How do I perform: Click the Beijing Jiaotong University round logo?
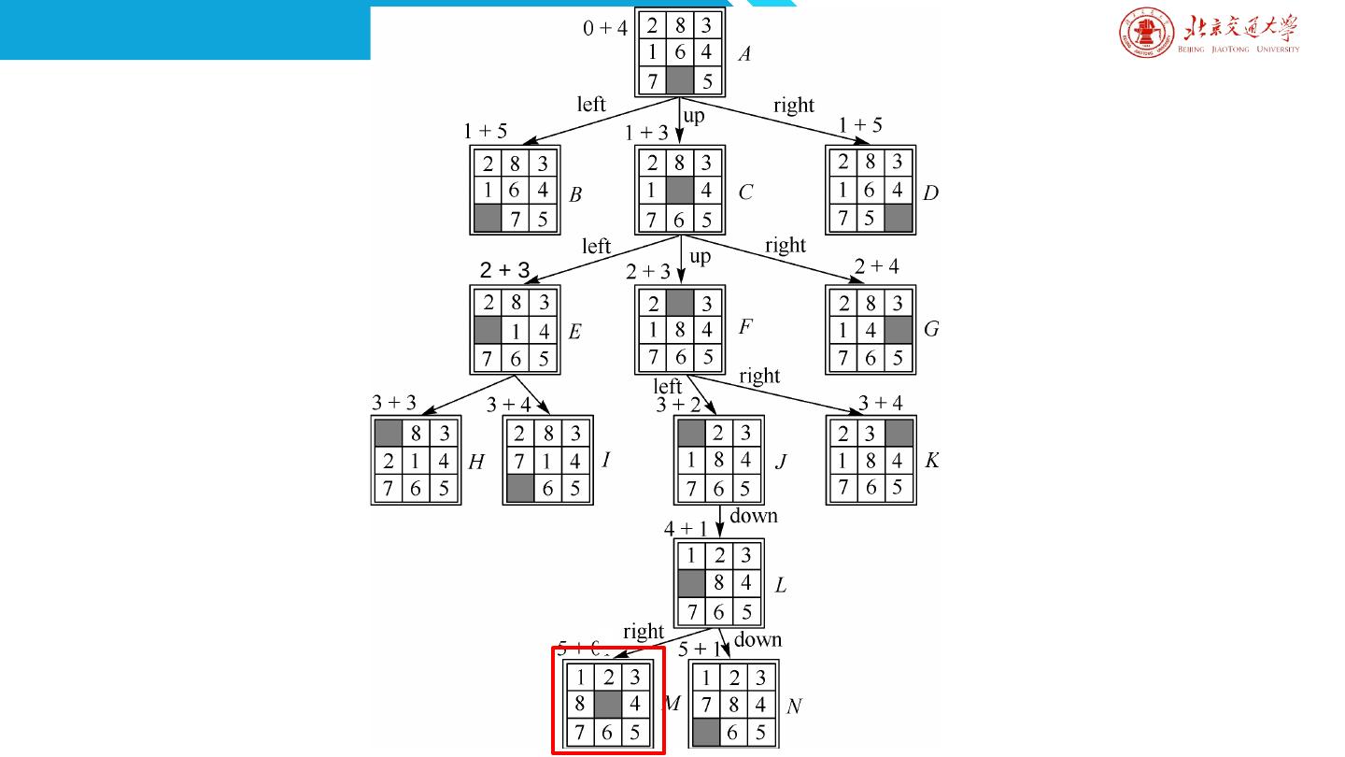tap(1147, 36)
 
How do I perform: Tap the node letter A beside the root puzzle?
tap(744, 54)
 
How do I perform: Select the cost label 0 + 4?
tap(605, 28)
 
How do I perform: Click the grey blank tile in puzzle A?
tap(679, 80)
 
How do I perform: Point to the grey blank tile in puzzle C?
tap(679, 192)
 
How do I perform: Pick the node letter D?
tap(930, 193)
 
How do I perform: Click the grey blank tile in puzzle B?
tap(488, 220)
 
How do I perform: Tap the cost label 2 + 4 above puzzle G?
tap(876, 266)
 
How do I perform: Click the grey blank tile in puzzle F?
tap(679, 302)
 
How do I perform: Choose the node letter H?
tap(476, 461)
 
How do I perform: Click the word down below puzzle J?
tap(754, 516)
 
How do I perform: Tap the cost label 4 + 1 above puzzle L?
tap(686, 529)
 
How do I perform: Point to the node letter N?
tap(794, 707)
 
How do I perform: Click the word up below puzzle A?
tap(694, 116)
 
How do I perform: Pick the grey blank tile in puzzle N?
tap(706, 732)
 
